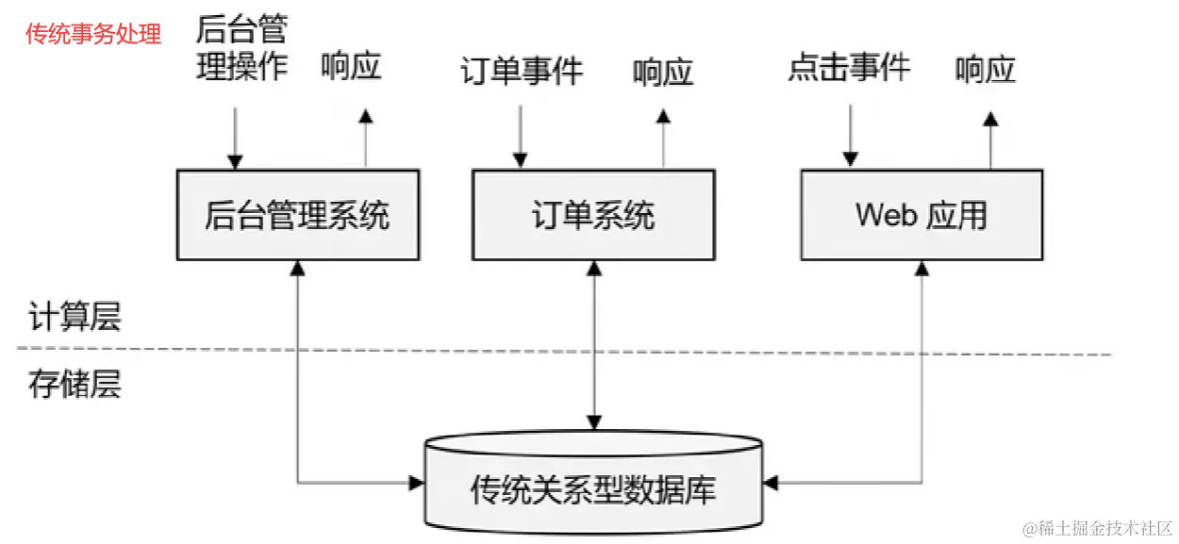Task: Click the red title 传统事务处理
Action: coord(93,34)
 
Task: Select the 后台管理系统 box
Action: coord(298,215)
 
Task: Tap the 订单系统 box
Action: coord(592,215)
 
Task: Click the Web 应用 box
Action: coord(922,215)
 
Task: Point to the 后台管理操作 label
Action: coord(241,49)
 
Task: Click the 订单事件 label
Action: coord(522,72)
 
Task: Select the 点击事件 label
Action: coord(849,68)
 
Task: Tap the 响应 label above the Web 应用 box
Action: coord(985,70)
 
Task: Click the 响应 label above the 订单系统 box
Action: coord(663,73)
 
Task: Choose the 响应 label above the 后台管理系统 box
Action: coord(351,68)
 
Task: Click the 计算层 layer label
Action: coord(75,318)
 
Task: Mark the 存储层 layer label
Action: coord(75,386)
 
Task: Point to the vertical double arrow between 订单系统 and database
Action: coord(593,344)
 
